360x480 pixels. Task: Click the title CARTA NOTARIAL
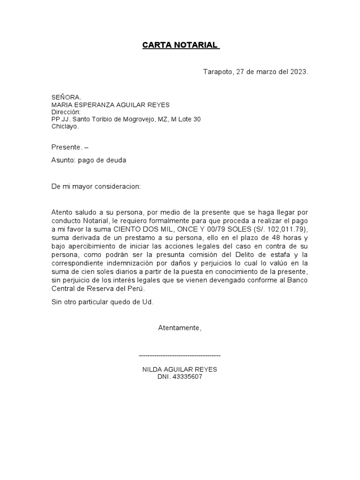click(180, 45)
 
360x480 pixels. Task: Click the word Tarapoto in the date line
click(217, 72)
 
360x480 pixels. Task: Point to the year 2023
click(298, 72)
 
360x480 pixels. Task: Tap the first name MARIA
click(61, 105)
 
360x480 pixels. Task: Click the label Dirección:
click(66, 112)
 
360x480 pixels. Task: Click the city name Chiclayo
click(65, 126)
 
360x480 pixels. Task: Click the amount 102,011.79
click(286, 229)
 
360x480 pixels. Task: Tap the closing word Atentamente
click(180, 328)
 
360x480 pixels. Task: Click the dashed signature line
click(180, 356)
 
